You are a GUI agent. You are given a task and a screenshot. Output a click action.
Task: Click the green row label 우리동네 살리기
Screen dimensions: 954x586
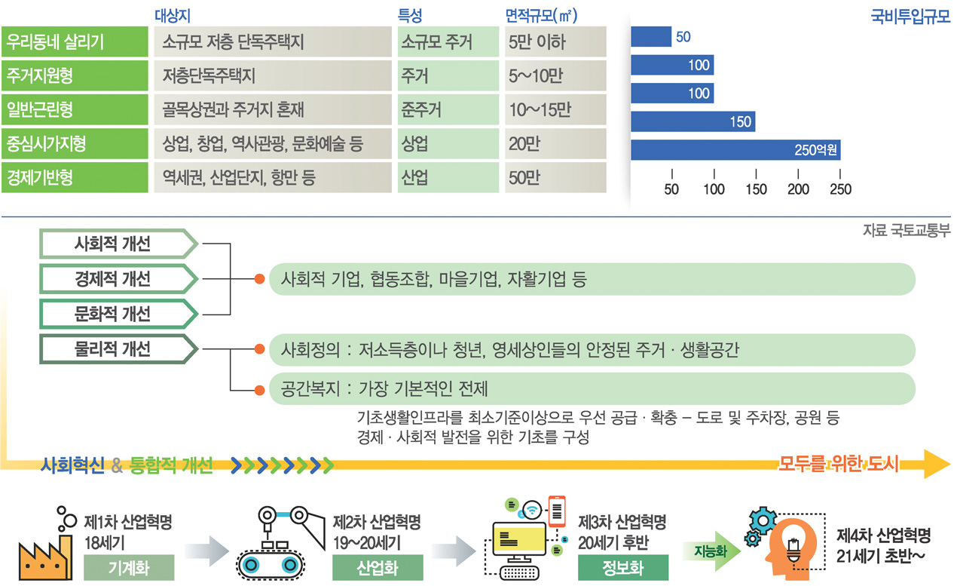(x=75, y=41)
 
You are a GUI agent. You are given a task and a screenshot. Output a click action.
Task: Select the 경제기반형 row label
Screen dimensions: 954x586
(x=75, y=177)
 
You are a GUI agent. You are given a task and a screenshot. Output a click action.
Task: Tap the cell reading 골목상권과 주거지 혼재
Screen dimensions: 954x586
(x=273, y=109)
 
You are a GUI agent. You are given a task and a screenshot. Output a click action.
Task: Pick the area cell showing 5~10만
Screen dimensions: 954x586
(x=555, y=76)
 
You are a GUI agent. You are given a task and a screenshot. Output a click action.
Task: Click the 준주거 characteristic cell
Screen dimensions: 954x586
(x=448, y=109)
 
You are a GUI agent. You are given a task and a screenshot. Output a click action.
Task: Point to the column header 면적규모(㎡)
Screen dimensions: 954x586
(x=541, y=16)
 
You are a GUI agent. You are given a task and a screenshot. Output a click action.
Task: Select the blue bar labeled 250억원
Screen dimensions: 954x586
(x=735, y=150)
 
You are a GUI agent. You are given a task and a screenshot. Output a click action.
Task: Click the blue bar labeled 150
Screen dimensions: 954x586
(x=693, y=122)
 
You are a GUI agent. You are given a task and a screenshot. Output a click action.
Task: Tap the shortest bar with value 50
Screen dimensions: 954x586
(x=651, y=37)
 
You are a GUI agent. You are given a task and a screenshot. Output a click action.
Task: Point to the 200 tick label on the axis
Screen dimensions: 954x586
(x=798, y=189)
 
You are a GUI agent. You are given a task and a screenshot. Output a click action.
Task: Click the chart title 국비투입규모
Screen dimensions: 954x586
(x=910, y=17)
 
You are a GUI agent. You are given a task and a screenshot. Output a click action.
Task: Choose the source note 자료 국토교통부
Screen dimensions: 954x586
(x=907, y=231)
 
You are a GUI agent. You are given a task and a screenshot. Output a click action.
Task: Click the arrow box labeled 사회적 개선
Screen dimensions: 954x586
(x=119, y=244)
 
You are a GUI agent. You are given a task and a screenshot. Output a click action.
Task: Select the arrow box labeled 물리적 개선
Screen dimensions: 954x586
(x=119, y=349)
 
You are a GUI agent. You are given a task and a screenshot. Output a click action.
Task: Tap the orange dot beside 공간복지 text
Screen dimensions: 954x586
(x=259, y=390)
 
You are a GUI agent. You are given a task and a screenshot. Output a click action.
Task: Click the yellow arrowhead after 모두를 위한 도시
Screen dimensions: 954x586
(x=936, y=464)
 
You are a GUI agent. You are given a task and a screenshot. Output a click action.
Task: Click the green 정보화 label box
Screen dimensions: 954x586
(x=623, y=568)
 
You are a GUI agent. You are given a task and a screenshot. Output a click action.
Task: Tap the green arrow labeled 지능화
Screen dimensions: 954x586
(x=711, y=551)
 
